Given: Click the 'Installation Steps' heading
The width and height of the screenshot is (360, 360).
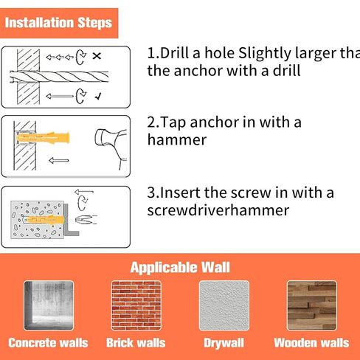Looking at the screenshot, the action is tap(58, 23).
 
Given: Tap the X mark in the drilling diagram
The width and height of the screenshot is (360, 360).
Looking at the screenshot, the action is tap(97, 56).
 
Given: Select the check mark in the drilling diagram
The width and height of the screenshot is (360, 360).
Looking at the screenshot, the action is tap(98, 97).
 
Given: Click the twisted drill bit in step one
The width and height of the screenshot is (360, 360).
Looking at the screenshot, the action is tap(59, 76).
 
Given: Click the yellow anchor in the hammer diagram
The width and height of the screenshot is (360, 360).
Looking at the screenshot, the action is tap(43, 138).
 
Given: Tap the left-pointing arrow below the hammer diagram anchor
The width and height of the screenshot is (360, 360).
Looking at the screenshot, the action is tap(59, 161).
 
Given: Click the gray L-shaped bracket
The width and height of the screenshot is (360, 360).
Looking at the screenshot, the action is tap(70, 220).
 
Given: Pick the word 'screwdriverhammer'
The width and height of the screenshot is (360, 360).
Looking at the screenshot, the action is tap(218, 210).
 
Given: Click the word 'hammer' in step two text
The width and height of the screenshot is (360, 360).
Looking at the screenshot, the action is tap(177, 139).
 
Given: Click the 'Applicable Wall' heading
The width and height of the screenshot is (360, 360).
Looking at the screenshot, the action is tap(180, 267).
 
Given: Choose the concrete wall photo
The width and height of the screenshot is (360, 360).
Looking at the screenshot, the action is tap(49, 305).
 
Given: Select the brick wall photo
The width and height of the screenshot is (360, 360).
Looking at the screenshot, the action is tap(136, 305).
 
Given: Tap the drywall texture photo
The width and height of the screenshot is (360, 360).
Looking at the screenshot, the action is tap(224, 305).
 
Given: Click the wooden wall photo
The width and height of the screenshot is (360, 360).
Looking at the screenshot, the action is tap(312, 305).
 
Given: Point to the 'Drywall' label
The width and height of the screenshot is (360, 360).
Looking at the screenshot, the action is tap(224, 343).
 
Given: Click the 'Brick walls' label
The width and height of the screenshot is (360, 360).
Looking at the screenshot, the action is tap(136, 343).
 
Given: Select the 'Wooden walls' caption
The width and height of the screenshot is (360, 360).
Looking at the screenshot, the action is tap(311, 343).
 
